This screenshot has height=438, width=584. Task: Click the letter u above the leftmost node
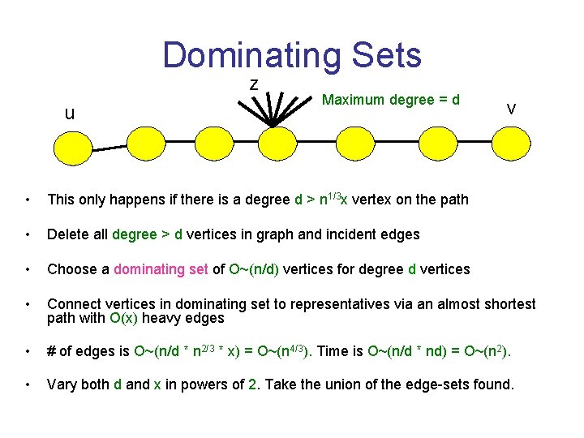[70, 113]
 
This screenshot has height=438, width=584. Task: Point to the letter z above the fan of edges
[254, 84]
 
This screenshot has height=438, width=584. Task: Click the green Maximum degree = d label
[391, 100]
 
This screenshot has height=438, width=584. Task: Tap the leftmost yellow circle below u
[72, 148]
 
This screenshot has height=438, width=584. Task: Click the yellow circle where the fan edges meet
[273, 148]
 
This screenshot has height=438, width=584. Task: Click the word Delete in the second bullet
[67, 234]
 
